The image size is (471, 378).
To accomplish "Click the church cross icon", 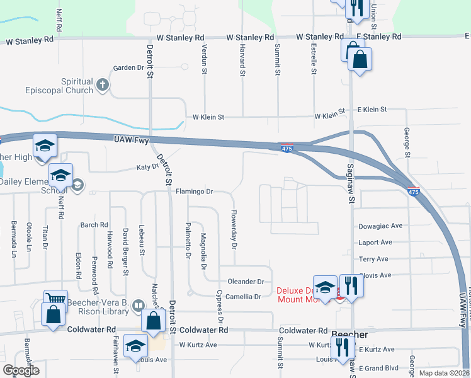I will pos(104,84).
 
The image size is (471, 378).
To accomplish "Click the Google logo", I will pos(20,370).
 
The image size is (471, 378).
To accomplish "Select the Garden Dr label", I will pos(128,68).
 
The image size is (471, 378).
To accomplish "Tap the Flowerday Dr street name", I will pos(234,229).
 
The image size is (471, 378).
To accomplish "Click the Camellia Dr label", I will pos(239,296).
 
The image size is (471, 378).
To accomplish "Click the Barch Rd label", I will pos(94,225).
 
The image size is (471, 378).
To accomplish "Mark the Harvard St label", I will pos(242,60).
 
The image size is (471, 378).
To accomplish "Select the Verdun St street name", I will pos(205,59).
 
